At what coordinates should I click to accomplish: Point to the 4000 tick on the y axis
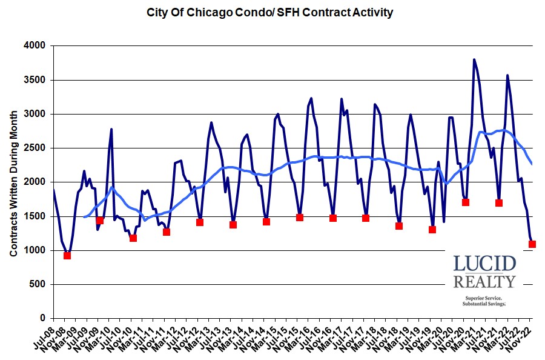[x=37, y=45]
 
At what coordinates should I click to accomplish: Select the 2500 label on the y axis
[x=37, y=148]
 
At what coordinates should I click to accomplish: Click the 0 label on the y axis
[x=44, y=318]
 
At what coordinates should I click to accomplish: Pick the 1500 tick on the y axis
[x=37, y=216]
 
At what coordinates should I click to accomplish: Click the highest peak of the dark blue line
[x=474, y=59]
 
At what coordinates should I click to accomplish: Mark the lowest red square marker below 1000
[x=67, y=255]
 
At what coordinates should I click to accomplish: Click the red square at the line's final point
[x=532, y=244]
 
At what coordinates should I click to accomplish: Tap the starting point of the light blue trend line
[x=84, y=216]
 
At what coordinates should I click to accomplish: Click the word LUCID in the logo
[x=484, y=264]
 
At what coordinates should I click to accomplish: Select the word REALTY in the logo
[x=484, y=281]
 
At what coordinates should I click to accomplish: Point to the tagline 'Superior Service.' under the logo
[x=484, y=298]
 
